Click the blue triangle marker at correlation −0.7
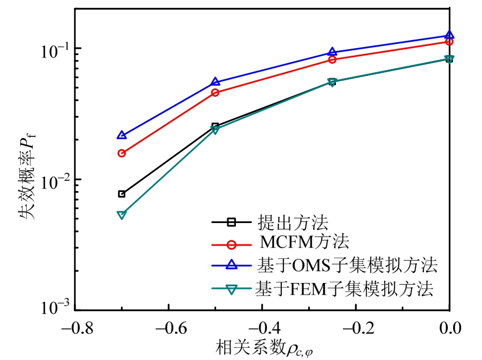(122, 135)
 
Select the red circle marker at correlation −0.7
(122, 154)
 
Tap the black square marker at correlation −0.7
(122, 194)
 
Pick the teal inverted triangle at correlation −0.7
(122, 215)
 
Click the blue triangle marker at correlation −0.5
(216, 82)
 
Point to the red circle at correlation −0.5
(216, 93)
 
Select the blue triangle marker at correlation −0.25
(332, 52)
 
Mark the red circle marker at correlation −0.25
(332, 59)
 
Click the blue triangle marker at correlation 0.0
(449, 35)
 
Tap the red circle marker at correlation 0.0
(449, 42)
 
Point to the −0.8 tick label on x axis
(75, 327)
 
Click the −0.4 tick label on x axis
(263, 327)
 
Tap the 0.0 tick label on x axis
(450, 327)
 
